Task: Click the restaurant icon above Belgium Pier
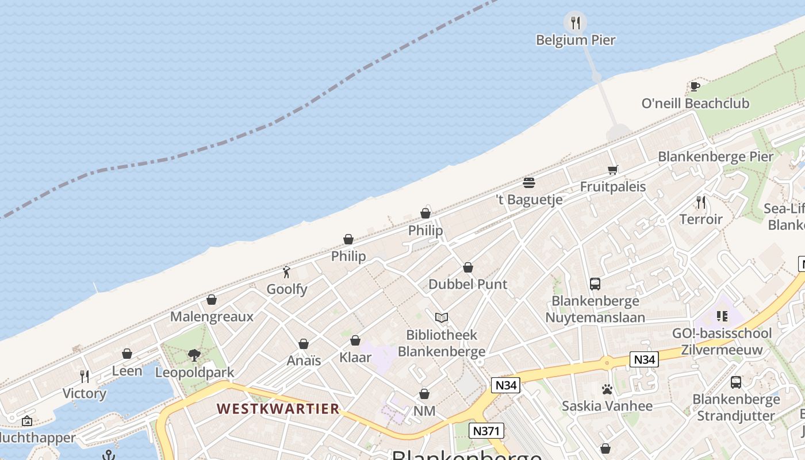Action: [x=575, y=22]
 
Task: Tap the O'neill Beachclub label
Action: [x=695, y=103]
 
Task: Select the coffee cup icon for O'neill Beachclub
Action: [x=695, y=87]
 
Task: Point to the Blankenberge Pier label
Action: [x=715, y=156]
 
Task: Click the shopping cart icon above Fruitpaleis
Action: [x=612, y=170]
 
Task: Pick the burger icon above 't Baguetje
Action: [x=529, y=183]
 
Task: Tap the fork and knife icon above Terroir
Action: [x=700, y=202]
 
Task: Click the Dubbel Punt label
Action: [x=467, y=284]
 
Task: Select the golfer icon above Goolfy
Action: [x=286, y=272]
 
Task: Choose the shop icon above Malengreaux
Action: [x=212, y=300]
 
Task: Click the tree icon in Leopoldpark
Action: [x=194, y=355]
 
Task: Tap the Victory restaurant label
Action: [x=85, y=393]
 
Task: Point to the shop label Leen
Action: [x=127, y=371]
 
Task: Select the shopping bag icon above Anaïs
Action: [x=304, y=344]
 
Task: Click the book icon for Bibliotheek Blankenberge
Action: [x=441, y=317]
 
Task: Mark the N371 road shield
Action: [x=486, y=431]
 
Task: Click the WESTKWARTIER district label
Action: [x=278, y=409]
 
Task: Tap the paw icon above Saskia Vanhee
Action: [x=607, y=389]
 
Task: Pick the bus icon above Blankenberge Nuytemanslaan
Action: [x=595, y=283]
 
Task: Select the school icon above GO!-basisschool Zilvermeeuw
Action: [x=722, y=316]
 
